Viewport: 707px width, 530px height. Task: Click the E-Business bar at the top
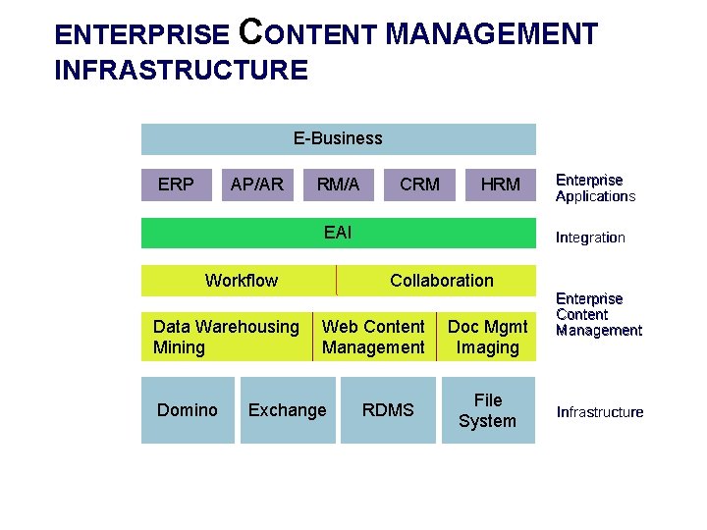pyautogui.click(x=338, y=138)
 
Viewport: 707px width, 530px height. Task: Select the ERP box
pyautogui.click(x=176, y=184)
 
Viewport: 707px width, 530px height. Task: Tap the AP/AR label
pyautogui.click(x=256, y=184)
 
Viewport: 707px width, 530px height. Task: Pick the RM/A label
pyautogui.click(x=338, y=184)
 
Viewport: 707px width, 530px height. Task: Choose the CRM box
pyautogui.click(x=420, y=184)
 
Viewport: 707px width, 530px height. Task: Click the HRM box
pyautogui.click(x=501, y=184)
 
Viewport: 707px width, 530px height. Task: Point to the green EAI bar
pyautogui.click(x=338, y=233)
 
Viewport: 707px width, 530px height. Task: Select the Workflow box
pyautogui.click(x=241, y=281)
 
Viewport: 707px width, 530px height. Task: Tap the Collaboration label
pyautogui.click(x=442, y=281)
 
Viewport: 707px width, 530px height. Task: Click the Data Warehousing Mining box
pyautogui.click(x=226, y=337)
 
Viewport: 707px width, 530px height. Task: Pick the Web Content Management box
pyautogui.click(x=373, y=337)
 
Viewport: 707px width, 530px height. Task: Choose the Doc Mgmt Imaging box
pyautogui.click(x=487, y=337)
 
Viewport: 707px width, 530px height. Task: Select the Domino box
pyautogui.click(x=188, y=410)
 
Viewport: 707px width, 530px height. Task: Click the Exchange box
pyautogui.click(x=287, y=410)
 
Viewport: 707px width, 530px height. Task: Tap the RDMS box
pyautogui.click(x=388, y=410)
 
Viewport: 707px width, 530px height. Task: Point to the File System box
pyautogui.click(x=487, y=410)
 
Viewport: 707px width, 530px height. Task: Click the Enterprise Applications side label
pyautogui.click(x=595, y=187)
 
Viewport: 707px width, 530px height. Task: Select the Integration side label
pyautogui.click(x=590, y=237)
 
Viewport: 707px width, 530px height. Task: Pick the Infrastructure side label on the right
pyautogui.click(x=600, y=411)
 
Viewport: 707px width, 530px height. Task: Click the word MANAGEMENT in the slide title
pyautogui.click(x=491, y=35)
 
